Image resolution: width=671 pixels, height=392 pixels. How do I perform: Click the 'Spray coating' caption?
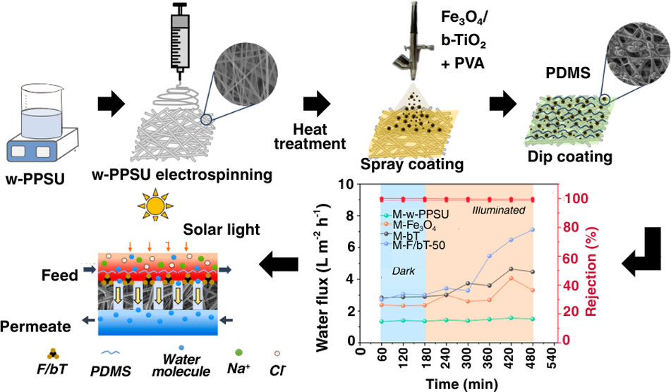401,164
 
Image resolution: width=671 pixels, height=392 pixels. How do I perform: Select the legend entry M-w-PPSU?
417,215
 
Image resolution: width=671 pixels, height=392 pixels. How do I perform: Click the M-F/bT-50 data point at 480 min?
532,230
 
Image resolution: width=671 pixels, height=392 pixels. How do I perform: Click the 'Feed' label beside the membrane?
59,275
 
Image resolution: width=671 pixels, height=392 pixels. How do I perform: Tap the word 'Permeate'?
35,326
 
